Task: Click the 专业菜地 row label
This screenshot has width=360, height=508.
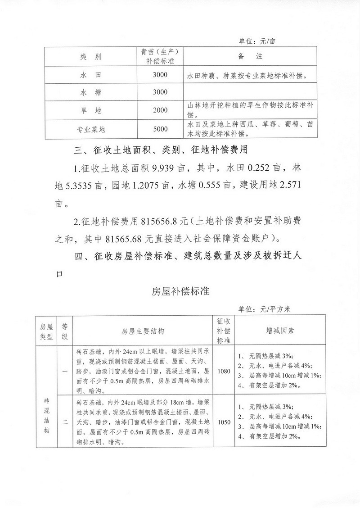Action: point(90,130)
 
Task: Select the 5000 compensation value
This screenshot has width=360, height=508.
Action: point(160,130)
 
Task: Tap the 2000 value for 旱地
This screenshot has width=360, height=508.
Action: point(160,110)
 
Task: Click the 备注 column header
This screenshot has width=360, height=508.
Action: point(249,57)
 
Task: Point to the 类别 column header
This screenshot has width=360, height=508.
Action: point(90,57)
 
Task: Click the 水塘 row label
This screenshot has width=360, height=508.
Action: point(90,92)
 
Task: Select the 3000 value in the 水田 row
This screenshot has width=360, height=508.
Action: point(160,75)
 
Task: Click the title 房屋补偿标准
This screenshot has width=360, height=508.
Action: point(180,291)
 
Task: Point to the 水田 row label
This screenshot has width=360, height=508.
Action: point(90,75)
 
